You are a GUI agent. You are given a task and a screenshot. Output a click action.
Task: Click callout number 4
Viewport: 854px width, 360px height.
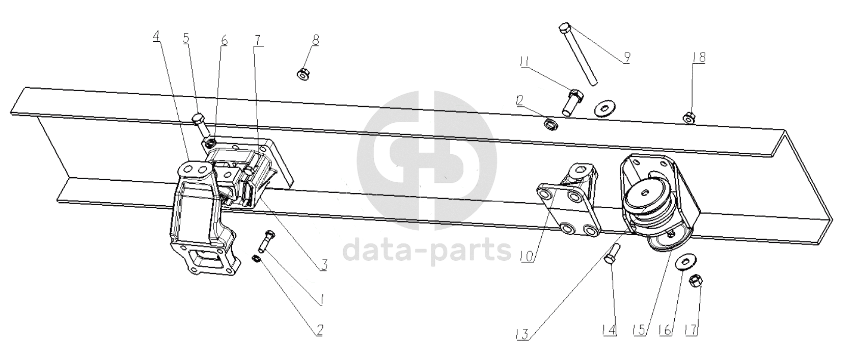tap(156, 37)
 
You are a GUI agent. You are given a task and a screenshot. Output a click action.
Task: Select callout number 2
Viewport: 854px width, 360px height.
tap(319, 330)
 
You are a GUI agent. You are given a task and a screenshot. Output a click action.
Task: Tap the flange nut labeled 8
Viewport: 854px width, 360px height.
tap(301, 74)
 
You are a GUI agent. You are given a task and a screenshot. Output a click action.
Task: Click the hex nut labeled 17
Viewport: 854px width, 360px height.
tap(695, 281)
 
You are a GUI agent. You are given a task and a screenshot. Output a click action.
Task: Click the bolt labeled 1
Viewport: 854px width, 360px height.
tap(267, 242)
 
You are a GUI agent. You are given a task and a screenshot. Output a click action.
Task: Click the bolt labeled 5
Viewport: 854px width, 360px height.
tap(200, 125)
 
